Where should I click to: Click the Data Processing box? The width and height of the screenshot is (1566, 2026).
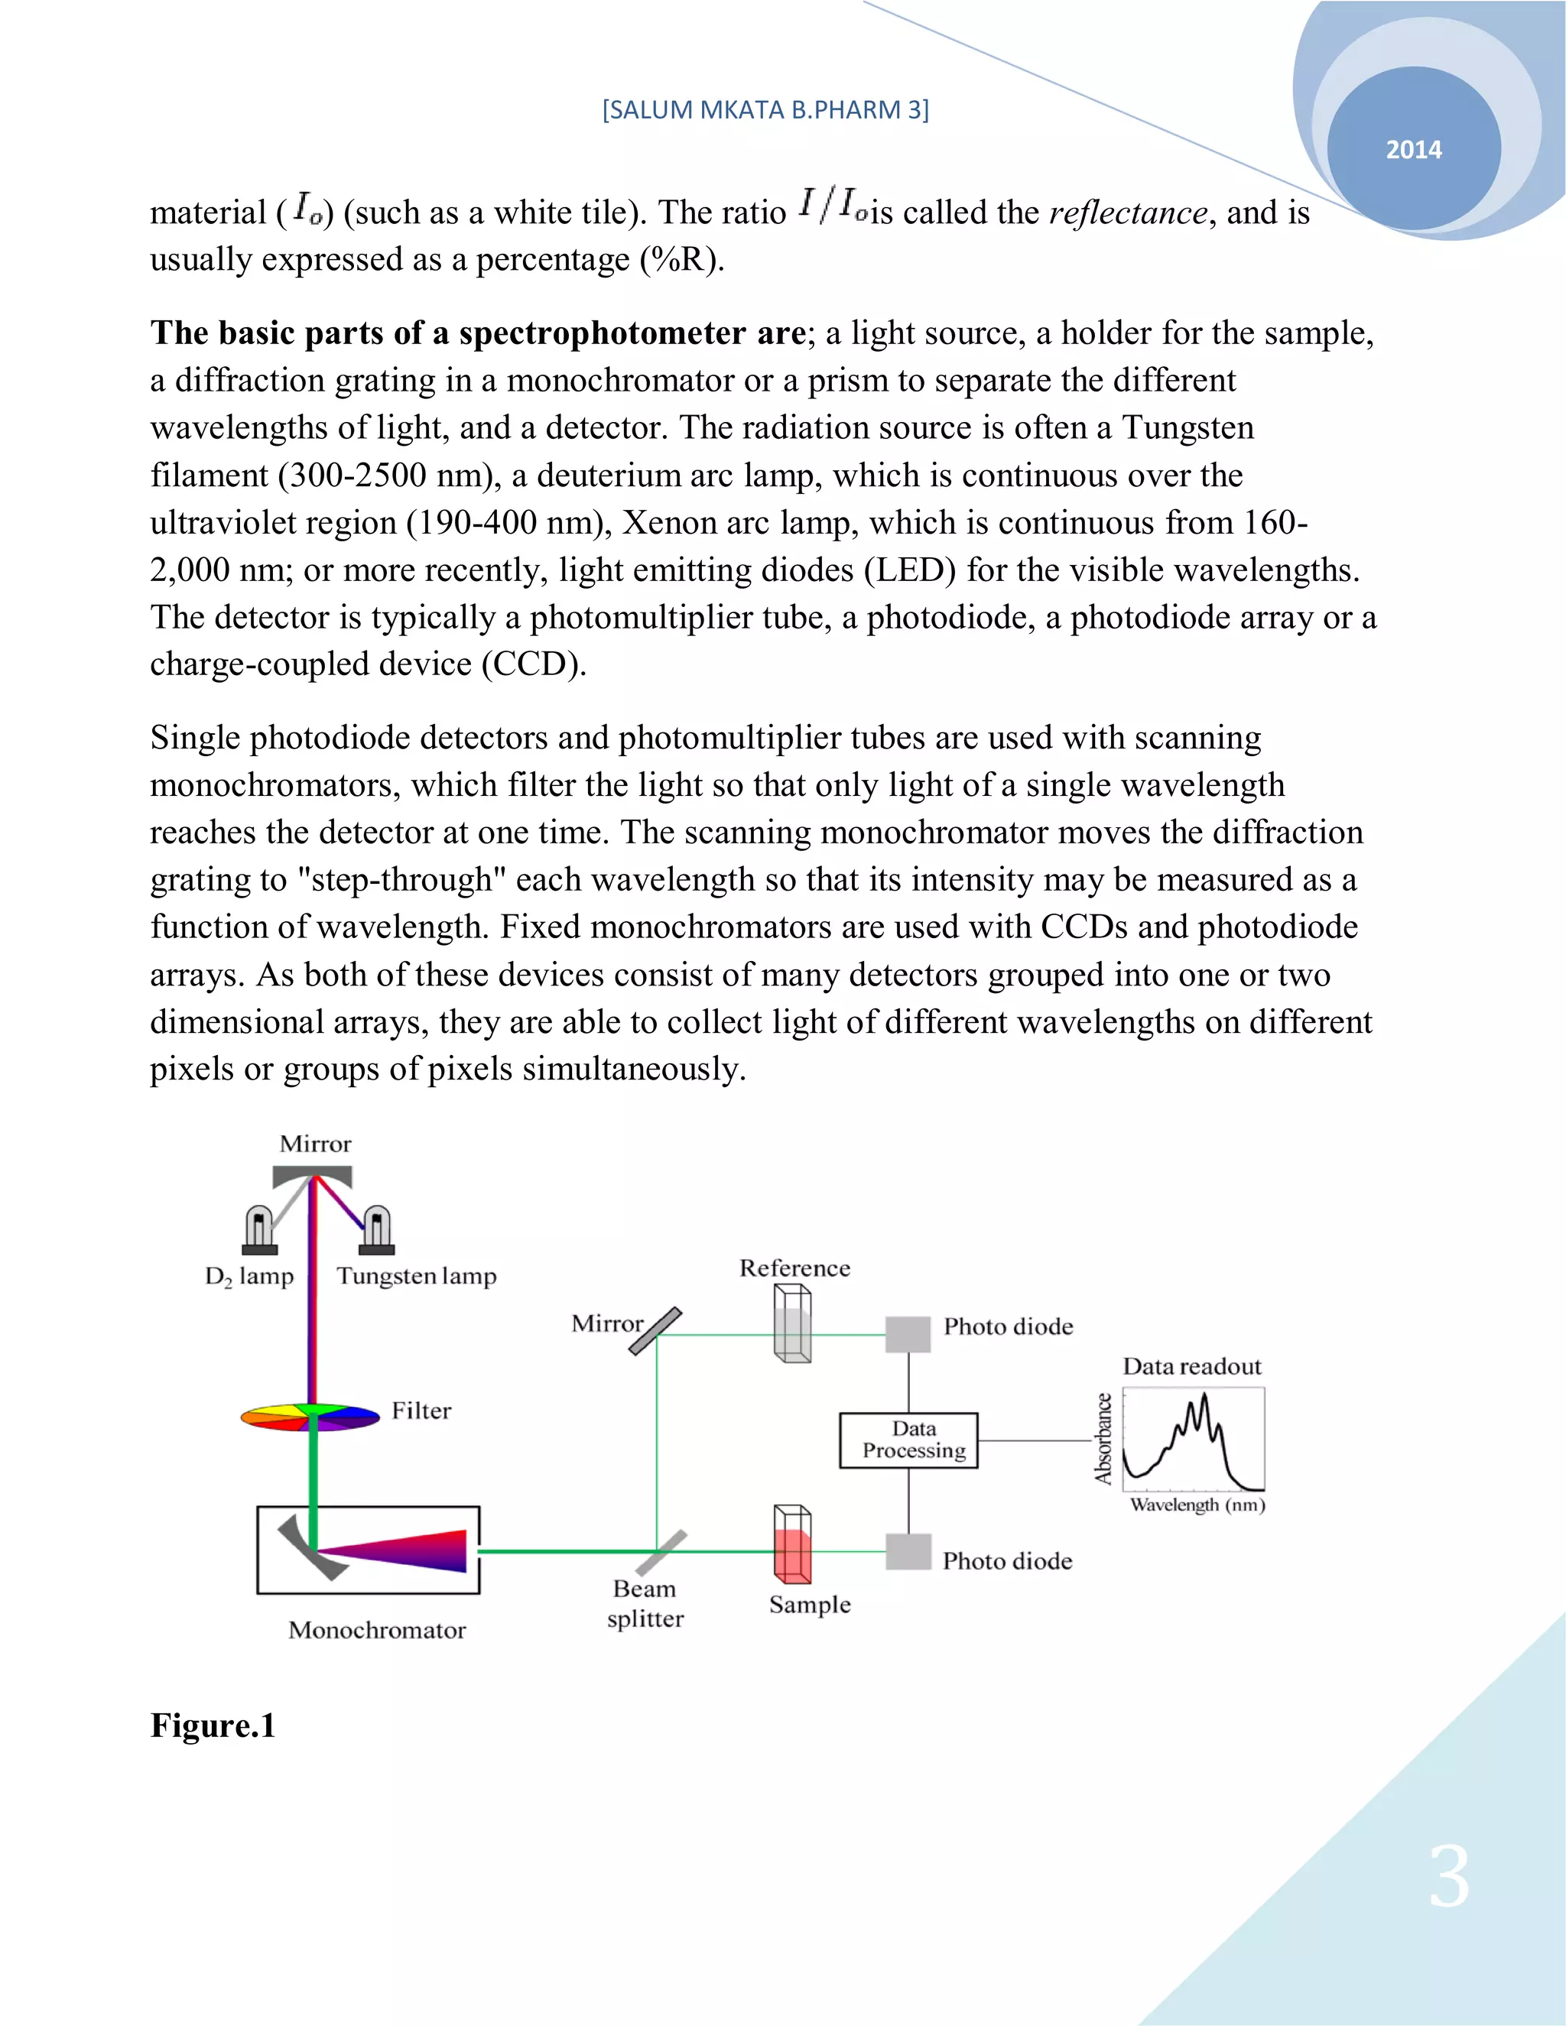pyautogui.click(x=908, y=1440)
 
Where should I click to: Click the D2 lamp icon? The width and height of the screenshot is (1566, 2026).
pyautogui.click(x=259, y=1230)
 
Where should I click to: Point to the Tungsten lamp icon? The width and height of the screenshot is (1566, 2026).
pyautogui.click(x=377, y=1230)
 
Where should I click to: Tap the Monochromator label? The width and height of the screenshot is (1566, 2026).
pyautogui.click(x=377, y=1630)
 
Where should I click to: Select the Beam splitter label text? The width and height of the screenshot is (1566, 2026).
pyautogui.click(x=645, y=1603)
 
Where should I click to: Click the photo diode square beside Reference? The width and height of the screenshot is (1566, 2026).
pyautogui.click(x=908, y=1334)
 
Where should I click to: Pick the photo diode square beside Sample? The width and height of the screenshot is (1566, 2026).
pyautogui.click(x=908, y=1551)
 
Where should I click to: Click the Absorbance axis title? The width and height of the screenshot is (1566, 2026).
pyautogui.click(x=1103, y=1439)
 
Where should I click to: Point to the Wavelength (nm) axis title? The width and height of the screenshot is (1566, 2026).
pyautogui.click(x=1197, y=1505)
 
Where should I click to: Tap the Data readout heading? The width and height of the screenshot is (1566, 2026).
pyautogui.click(x=1191, y=1366)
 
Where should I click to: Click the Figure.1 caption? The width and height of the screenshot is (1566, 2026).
pyautogui.click(x=213, y=1726)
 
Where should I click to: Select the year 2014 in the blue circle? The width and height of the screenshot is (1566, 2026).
pyautogui.click(x=1413, y=149)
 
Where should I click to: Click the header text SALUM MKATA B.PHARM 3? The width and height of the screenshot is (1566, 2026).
pyautogui.click(x=765, y=109)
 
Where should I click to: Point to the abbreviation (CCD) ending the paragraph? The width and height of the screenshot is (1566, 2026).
pyautogui.click(x=534, y=664)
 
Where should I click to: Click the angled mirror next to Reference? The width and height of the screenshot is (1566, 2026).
pyautogui.click(x=655, y=1330)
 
